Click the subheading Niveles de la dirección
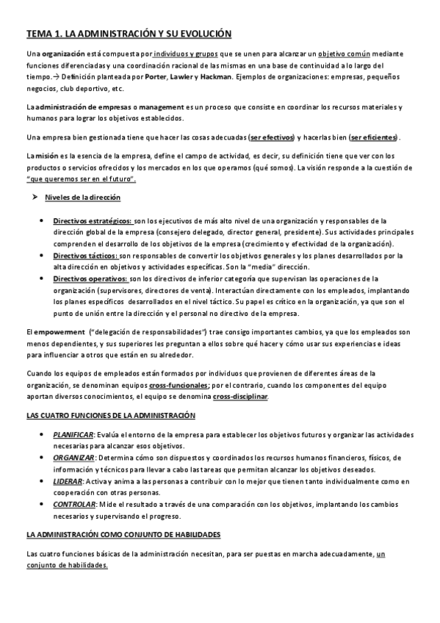(x=82, y=198)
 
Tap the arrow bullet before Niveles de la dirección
(x=34, y=198)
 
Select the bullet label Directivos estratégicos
(x=93, y=221)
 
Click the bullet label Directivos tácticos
(x=85, y=256)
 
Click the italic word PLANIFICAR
(x=73, y=436)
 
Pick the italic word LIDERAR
(x=67, y=481)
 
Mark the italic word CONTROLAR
(x=74, y=505)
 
